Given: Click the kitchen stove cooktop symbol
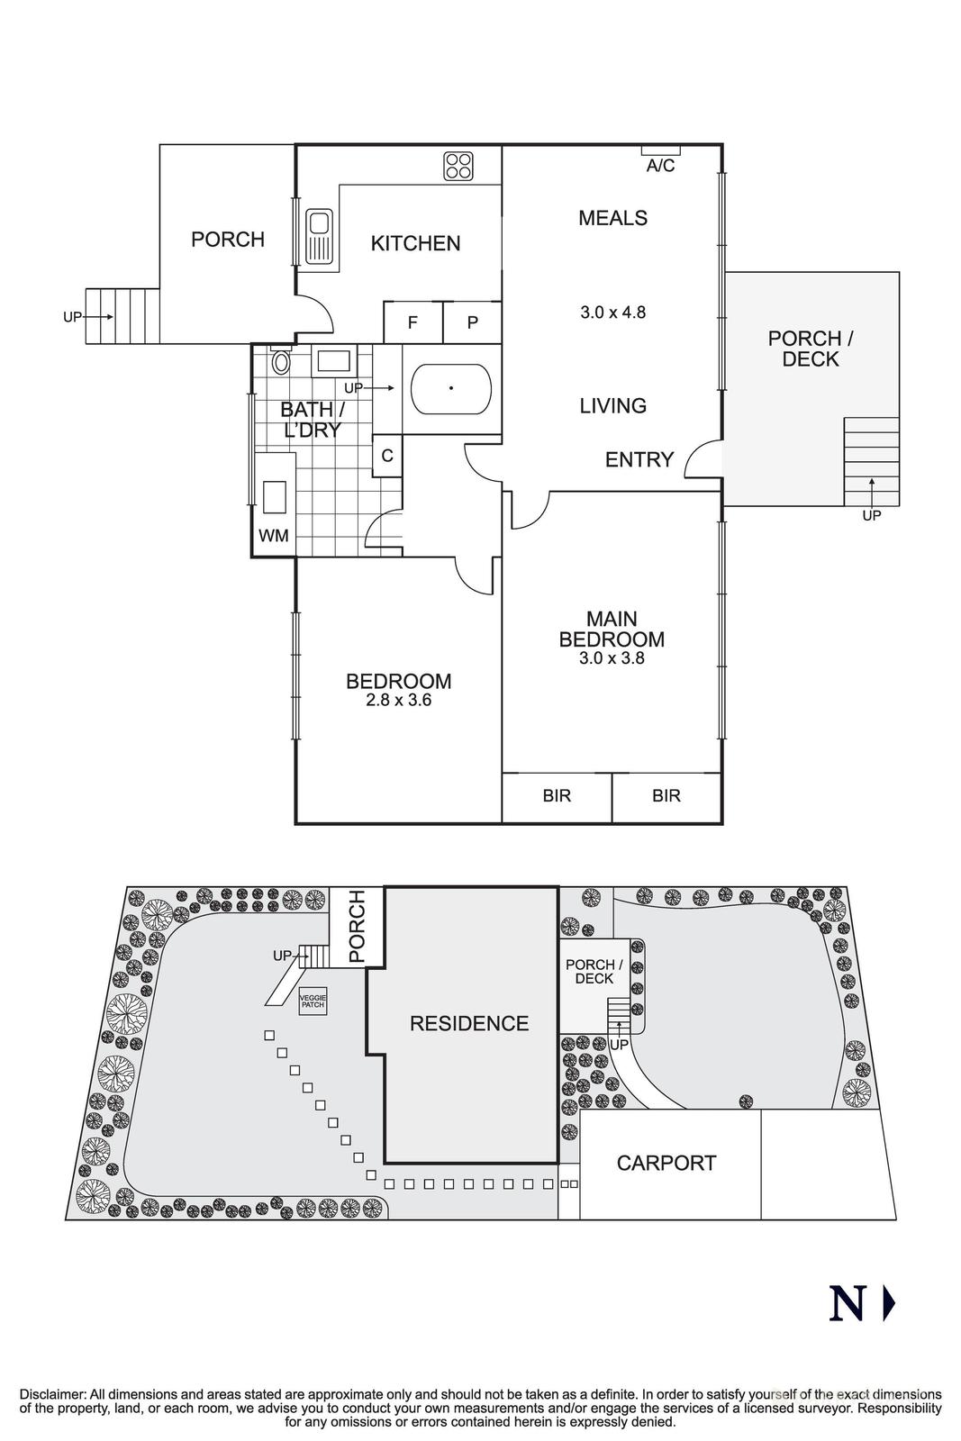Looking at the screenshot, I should click(458, 166).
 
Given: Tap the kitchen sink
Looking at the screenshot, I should click(320, 236).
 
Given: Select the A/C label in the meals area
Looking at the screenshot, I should click(660, 166).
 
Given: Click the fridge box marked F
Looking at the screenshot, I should click(413, 322).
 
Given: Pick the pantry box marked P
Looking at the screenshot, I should click(472, 322).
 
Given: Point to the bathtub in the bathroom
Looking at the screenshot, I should click(451, 389).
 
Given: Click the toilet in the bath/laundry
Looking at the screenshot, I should click(281, 362).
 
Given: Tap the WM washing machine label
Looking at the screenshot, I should click(274, 536).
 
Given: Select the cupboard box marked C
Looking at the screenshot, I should click(387, 456).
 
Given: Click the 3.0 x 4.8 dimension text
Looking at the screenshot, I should click(613, 313).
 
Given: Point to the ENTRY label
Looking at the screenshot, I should click(639, 460).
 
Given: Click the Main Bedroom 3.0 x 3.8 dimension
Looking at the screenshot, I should click(612, 658).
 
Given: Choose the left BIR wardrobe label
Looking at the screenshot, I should click(557, 796).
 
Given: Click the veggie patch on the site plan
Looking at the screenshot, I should click(314, 1001).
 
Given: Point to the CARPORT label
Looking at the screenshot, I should click(666, 1163).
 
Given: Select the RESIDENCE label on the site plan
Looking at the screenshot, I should click(468, 1023).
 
